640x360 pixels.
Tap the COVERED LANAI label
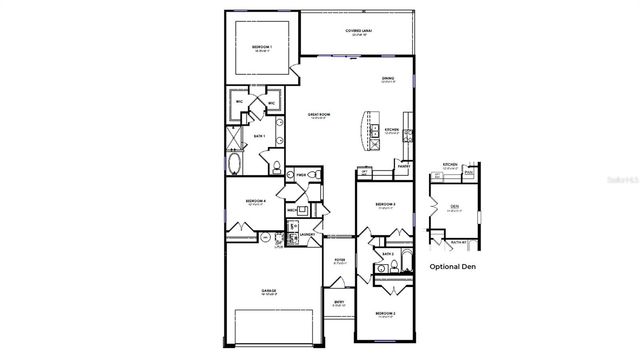[x=358, y=32]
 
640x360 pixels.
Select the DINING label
[x=387, y=78]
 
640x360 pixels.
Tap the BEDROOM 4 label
[x=255, y=201]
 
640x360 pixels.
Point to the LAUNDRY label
[x=306, y=235]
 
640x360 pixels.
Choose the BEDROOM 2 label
[x=386, y=314]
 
